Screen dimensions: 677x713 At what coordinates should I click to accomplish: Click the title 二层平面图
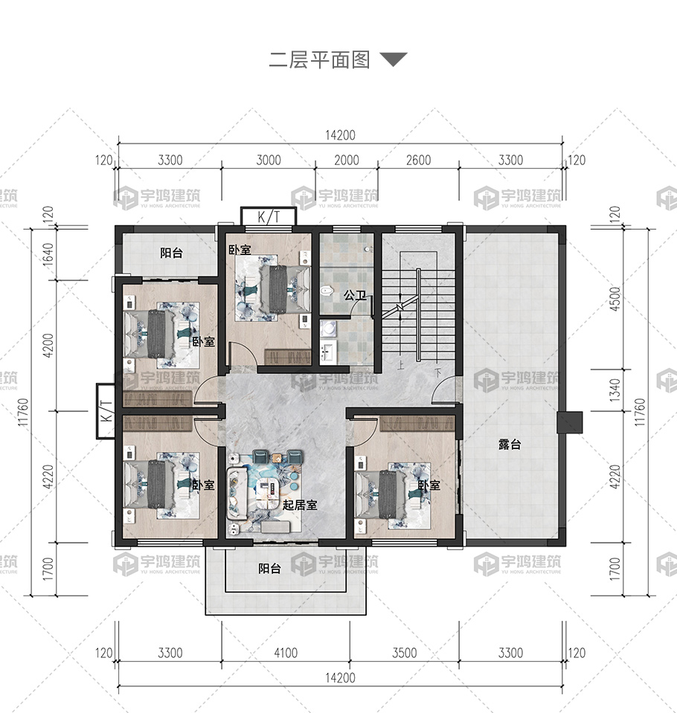pyautogui.click(x=319, y=60)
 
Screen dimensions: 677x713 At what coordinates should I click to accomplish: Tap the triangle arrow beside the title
pyautogui.click(x=394, y=59)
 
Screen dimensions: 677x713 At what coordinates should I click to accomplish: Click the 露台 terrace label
pyautogui.click(x=510, y=445)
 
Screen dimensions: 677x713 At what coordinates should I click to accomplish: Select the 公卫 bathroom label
pyautogui.click(x=355, y=296)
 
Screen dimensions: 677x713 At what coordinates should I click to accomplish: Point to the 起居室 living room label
pyautogui.click(x=300, y=505)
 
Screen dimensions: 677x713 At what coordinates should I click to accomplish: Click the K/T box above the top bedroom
pyautogui.click(x=269, y=216)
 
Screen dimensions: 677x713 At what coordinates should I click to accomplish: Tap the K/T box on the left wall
pyautogui.click(x=106, y=411)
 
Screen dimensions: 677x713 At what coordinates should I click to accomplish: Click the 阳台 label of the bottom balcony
pyautogui.click(x=270, y=569)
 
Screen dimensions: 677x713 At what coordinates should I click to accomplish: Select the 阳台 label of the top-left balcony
pyautogui.click(x=171, y=253)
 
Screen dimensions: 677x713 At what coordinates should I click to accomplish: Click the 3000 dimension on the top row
pyautogui.click(x=269, y=160)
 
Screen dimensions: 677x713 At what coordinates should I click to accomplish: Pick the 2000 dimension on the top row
pyautogui.click(x=347, y=160)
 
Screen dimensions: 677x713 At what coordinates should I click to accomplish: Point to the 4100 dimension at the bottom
pyautogui.click(x=286, y=653)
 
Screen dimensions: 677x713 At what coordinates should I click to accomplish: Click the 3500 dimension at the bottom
pyautogui.click(x=405, y=653)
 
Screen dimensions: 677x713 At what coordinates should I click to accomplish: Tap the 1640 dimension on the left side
pyautogui.click(x=48, y=254)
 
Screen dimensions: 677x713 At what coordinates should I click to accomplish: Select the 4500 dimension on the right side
pyautogui.click(x=615, y=299)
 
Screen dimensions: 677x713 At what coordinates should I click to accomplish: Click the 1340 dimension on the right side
pyautogui.click(x=615, y=390)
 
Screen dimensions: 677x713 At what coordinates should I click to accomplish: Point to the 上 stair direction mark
pyautogui.click(x=400, y=365)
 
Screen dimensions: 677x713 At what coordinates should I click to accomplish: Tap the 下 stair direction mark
pyautogui.click(x=437, y=373)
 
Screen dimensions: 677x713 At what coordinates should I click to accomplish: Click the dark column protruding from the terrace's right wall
pyautogui.click(x=570, y=422)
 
